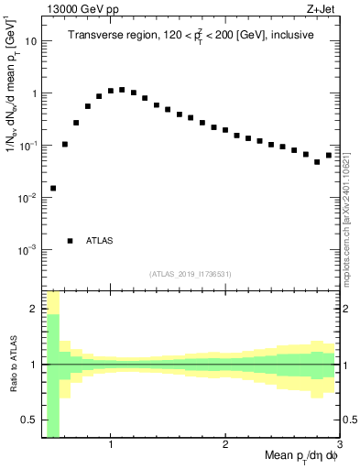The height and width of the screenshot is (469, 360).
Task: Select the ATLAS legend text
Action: point(99,241)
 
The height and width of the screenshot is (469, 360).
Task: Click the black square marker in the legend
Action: point(70,241)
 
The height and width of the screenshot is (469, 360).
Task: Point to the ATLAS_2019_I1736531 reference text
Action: point(191,274)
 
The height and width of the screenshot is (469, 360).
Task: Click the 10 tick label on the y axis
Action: point(31,42)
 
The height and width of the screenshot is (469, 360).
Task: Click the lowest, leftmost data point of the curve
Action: point(53,188)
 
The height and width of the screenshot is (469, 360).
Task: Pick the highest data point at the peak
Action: point(122,90)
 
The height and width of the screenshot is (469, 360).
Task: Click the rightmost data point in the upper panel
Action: point(329,155)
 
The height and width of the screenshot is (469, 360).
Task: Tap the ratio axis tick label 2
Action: point(32,309)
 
